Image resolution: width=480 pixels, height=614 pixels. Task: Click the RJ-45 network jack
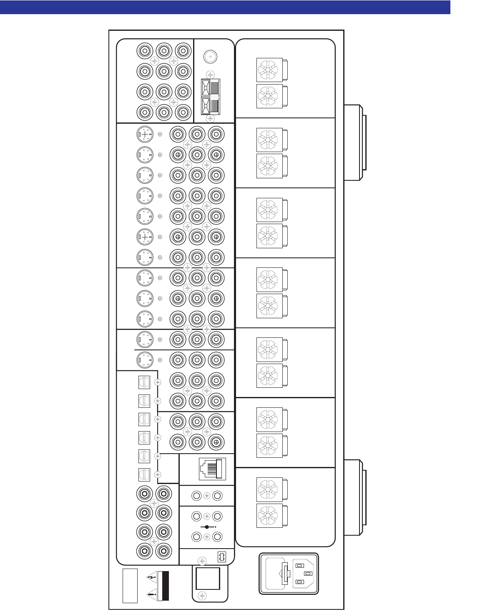pyautogui.click(x=213, y=469)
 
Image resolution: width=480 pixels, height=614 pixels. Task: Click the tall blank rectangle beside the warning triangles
pyautogui.click(x=130, y=585)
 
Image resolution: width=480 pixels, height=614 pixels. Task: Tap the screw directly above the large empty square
pyautogui.click(x=202, y=561)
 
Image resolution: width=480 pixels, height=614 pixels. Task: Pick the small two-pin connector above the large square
pyautogui.click(x=221, y=557)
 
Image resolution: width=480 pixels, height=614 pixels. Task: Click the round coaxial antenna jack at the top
pyautogui.click(x=210, y=57)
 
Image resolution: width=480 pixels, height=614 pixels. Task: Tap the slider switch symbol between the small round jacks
pyautogui.click(x=207, y=527)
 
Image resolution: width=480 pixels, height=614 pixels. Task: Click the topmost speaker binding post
pyautogui.click(x=269, y=70)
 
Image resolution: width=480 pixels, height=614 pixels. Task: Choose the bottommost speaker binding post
pyautogui.click(x=269, y=516)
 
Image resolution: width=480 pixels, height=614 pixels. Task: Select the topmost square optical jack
pyautogui.click(x=143, y=382)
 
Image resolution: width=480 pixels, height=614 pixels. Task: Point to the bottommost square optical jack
pyautogui.click(x=143, y=474)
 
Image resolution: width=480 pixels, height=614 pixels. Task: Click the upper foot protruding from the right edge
pyautogui.click(x=355, y=142)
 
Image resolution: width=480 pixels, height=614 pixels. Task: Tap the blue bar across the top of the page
pyautogui.click(x=225, y=7)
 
